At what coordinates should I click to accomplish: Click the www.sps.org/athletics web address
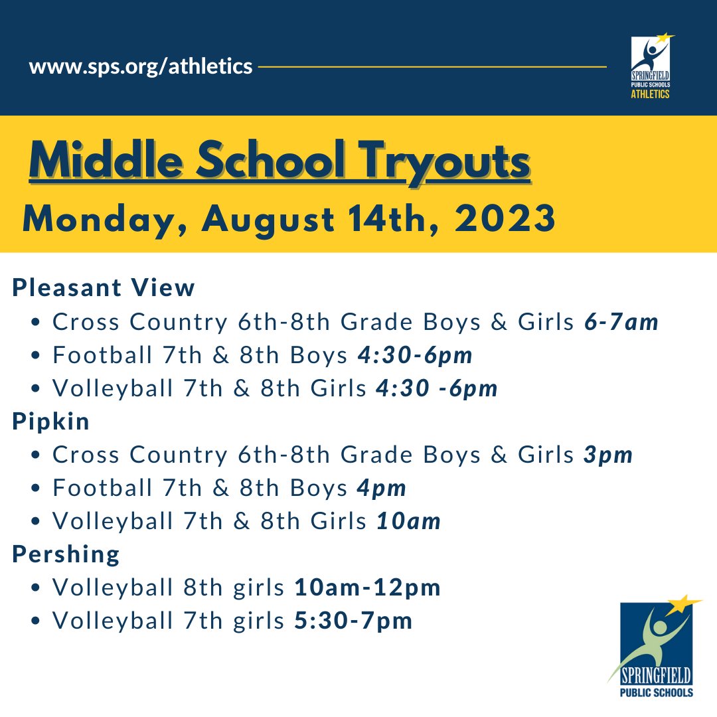tap(141, 67)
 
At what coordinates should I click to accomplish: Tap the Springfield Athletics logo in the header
tap(650, 67)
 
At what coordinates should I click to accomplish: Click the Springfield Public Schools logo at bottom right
tap(655, 647)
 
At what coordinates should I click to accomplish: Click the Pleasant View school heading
tap(104, 288)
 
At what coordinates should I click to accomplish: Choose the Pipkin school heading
tap(51, 422)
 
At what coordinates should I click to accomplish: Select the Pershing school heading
tap(66, 554)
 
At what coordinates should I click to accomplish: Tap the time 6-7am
tap(621, 322)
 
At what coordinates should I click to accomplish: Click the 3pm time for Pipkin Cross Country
tap(609, 455)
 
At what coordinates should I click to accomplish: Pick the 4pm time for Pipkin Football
tap(381, 488)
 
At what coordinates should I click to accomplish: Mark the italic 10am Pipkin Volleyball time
tap(408, 521)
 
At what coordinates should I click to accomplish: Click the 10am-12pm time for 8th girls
tap(367, 588)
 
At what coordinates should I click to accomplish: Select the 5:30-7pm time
tap(353, 621)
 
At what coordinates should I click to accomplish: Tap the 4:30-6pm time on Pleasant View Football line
tap(415, 355)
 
